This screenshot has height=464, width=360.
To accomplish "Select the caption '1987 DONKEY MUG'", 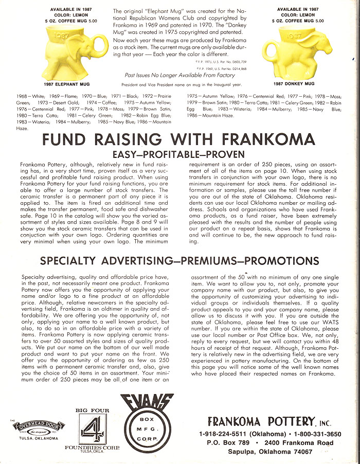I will pos(294,84).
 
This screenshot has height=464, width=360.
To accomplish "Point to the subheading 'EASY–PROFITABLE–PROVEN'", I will pos(179,154).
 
